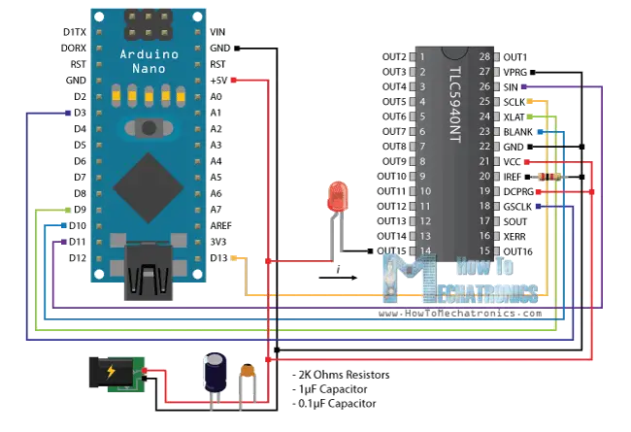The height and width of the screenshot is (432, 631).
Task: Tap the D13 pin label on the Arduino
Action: tap(217, 257)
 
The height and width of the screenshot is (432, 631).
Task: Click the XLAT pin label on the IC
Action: tap(515, 116)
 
